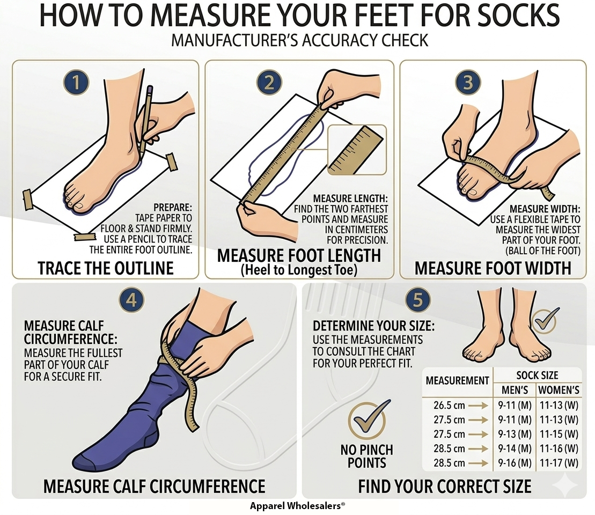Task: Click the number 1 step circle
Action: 76,83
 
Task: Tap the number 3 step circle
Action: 468,83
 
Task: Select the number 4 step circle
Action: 131,300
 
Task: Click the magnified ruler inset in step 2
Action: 357,150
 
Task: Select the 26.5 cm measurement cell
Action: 449,406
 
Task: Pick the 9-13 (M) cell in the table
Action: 515,434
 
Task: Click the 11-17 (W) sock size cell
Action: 559,463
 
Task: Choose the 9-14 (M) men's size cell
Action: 515,448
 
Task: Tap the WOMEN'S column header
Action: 559,390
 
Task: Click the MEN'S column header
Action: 515,390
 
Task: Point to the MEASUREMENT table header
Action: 457,380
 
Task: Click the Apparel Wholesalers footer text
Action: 297,505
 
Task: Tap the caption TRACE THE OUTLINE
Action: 106,268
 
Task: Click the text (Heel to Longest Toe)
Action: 299,270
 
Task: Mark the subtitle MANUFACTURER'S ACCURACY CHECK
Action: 299,40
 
